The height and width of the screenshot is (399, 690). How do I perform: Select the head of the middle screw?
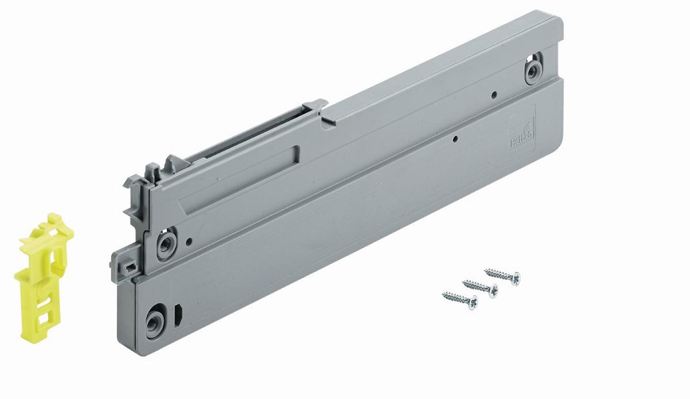(493, 290)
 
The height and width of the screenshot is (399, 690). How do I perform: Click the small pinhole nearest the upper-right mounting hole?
(493, 94)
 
